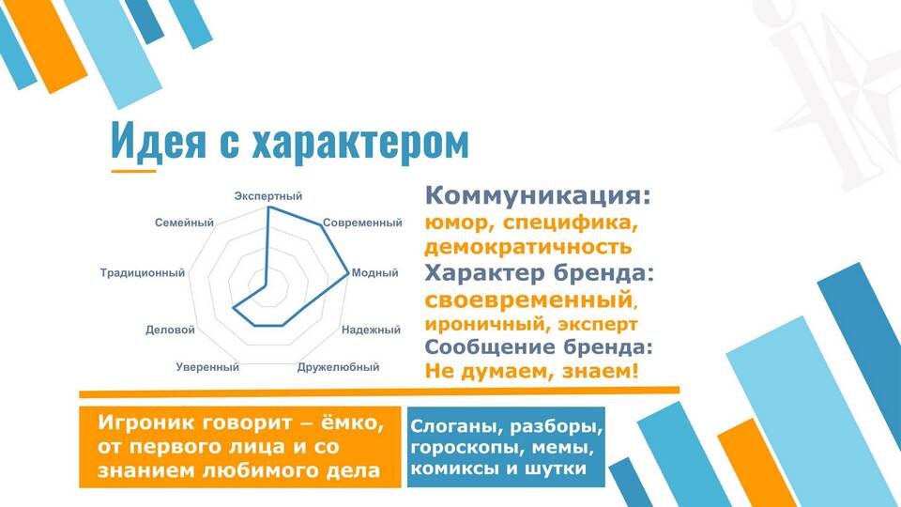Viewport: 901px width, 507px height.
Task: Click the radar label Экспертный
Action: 267,196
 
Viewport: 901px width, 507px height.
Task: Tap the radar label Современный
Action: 362,223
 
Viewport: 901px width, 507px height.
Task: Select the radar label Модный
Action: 374,272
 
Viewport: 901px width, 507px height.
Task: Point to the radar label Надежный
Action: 371,330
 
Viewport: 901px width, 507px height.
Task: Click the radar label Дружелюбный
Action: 339,367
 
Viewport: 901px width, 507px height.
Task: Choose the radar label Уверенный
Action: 207,367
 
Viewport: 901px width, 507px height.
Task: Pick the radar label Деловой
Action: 170,330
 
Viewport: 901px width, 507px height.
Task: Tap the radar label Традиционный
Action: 143,272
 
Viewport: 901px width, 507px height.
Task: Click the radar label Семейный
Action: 184,223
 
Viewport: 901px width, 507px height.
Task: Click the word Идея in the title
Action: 158,140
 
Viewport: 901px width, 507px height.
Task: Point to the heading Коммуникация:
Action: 538,195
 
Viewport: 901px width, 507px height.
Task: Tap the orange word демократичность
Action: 528,247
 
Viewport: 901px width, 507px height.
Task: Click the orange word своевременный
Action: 528,300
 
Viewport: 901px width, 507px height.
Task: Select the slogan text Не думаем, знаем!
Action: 531,371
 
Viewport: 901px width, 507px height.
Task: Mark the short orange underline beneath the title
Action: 133,171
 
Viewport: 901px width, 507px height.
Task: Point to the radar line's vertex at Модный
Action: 347,273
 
